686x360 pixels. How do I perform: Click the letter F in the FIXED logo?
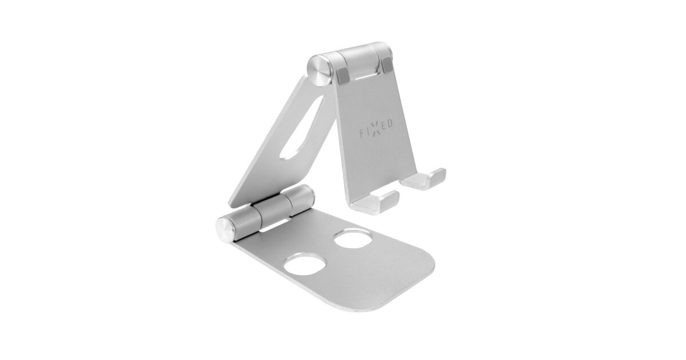click(x=362, y=134)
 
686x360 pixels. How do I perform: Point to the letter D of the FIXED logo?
click(x=389, y=123)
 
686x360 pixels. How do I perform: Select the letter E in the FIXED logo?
click(x=384, y=126)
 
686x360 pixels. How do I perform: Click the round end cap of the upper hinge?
click(x=320, y=70)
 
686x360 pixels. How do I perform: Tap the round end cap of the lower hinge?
click(x=226, y=230)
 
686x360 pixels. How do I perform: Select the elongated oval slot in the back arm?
click(x=302, y=128)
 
